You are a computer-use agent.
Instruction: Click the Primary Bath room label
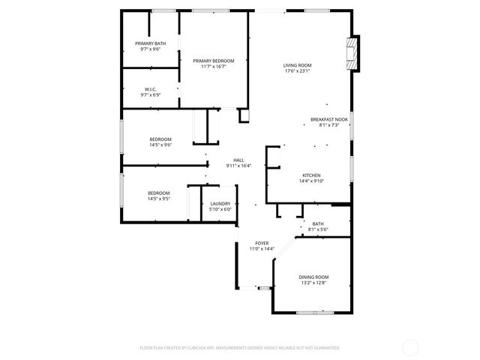[150, 43]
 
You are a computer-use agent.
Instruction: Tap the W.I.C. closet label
[150, 90]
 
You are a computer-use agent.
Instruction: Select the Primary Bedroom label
[213, 61]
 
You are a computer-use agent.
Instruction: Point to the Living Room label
[297, 65]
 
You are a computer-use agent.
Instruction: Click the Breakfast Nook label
[329, 119]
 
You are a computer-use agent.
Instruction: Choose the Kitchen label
[311, 175]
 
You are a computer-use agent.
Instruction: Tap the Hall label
[238, 160]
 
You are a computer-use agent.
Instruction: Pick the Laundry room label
[220, 203]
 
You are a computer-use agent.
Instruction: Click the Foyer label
[262, 243]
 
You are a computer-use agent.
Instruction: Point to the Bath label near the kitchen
[318, 223]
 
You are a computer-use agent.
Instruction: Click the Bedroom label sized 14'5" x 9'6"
[160, 139]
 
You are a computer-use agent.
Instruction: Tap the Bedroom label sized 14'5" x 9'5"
[158, 193]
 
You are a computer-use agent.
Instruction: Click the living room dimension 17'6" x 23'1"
[297, 71]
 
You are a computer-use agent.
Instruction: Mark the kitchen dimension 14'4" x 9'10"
[311, 181]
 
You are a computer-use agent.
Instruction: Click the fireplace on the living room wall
[352, 54]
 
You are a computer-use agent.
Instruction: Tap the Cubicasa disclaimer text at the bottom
[240, 348]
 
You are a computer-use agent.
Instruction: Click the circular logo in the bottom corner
[410, 347]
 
